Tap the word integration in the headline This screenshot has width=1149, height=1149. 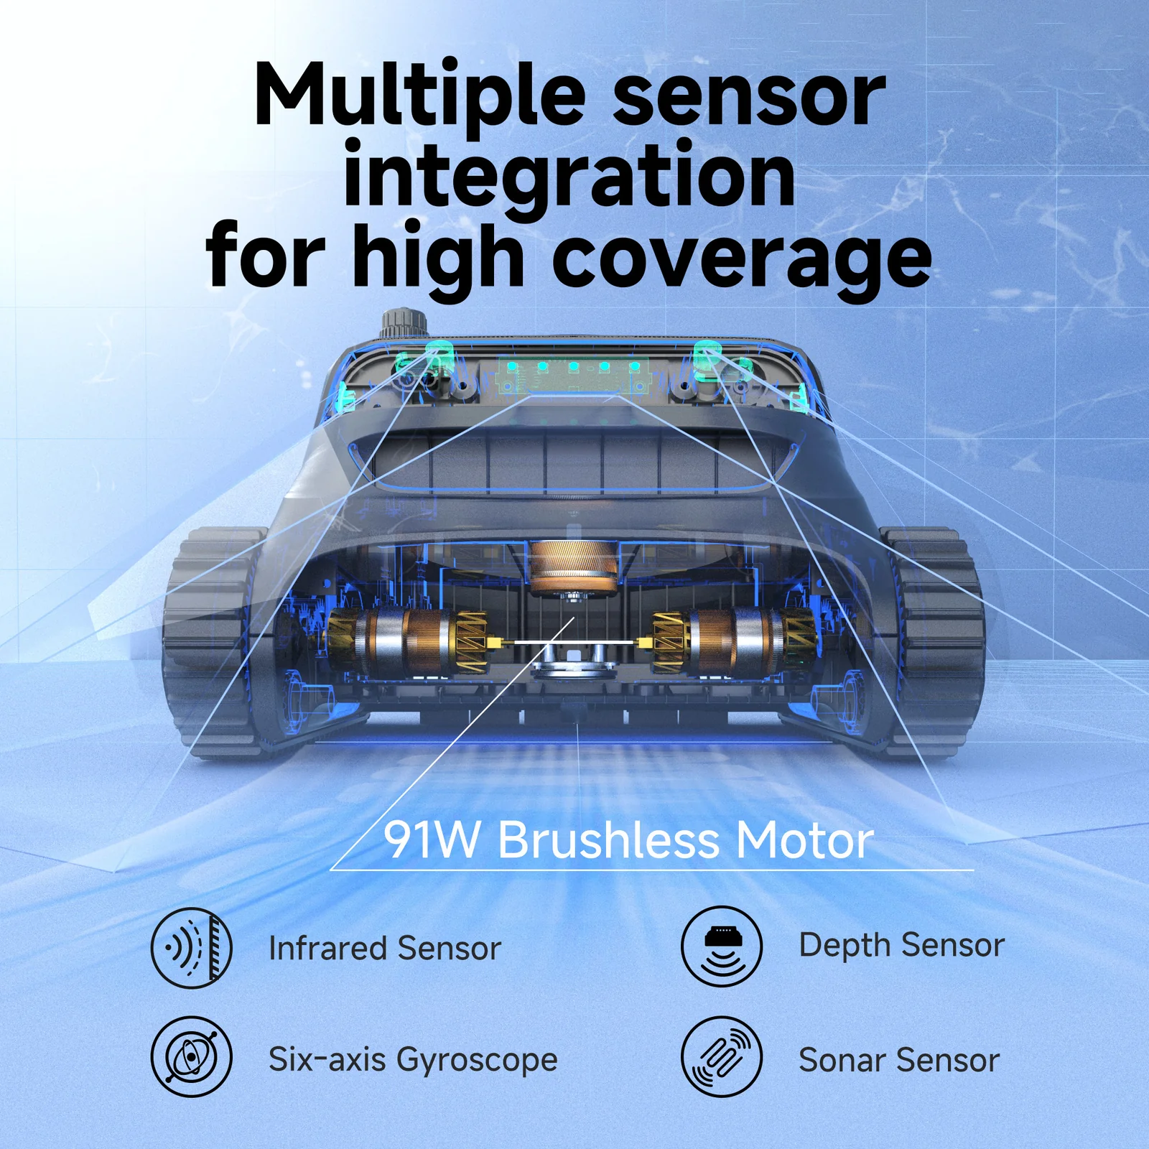tap(569, 176)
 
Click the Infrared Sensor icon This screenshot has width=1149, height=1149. tap(192, 948)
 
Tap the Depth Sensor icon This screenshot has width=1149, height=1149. tap(722, 946)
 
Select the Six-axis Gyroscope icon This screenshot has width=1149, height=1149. tap(192, 1056)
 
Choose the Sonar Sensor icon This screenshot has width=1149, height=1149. tap(722, 1056)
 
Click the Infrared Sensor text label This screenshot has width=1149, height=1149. tap(384, 949)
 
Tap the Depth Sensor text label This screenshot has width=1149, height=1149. tap(901, 945)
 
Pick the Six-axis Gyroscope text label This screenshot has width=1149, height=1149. tap(413, 1060)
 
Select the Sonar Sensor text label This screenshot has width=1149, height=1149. tap(899, 1061)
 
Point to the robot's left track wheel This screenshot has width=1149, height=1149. tap(208, 639)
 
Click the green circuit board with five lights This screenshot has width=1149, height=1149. tap(573, 373)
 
